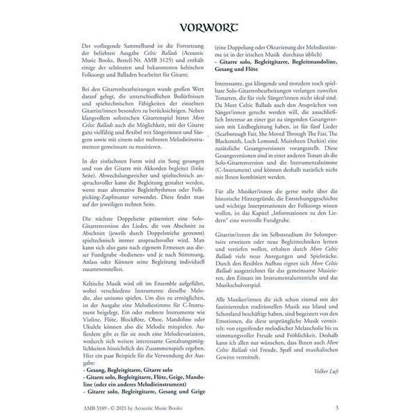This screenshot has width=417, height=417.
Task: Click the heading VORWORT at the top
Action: [x=208, y=29]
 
